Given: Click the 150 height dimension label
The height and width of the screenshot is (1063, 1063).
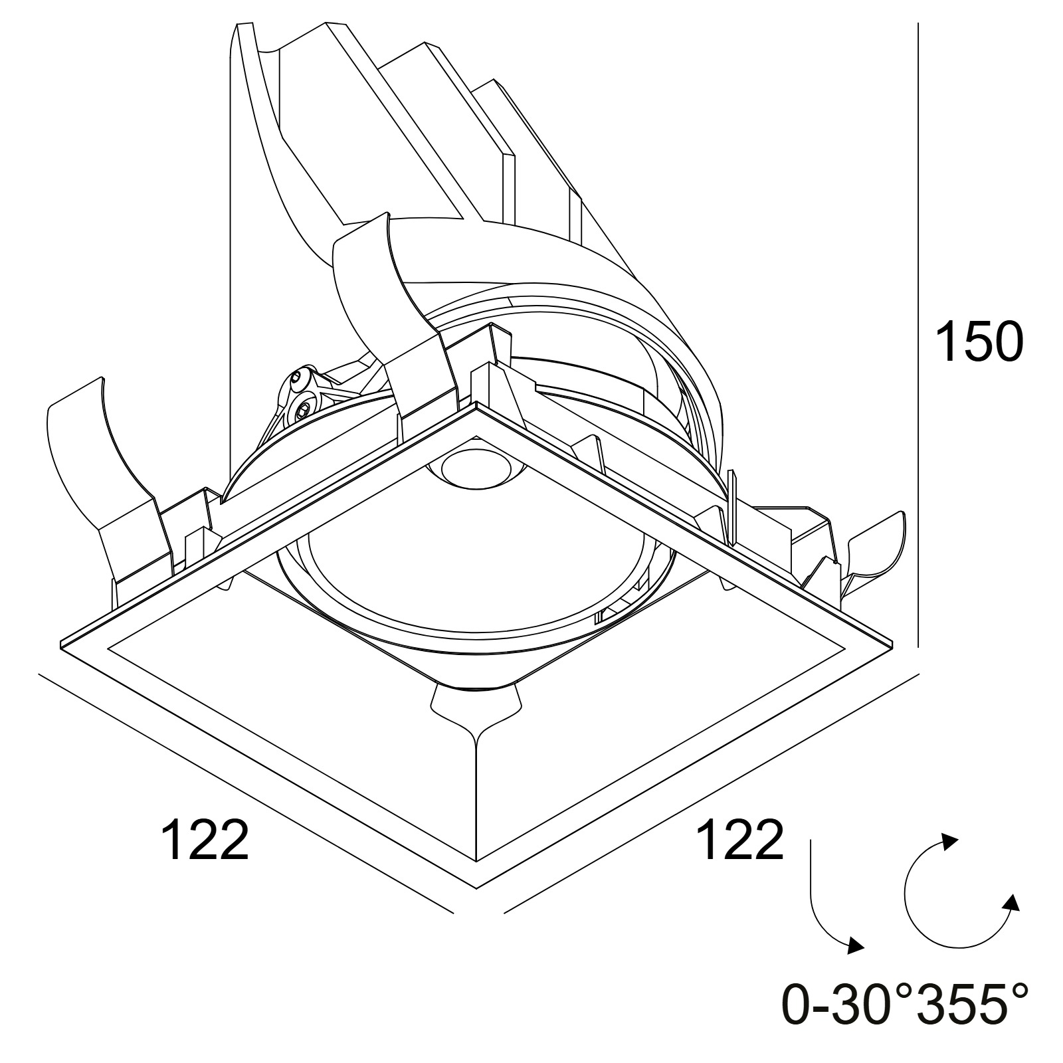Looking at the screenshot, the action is click(979, 341).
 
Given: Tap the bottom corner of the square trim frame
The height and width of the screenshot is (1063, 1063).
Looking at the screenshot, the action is click(476, 888).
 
